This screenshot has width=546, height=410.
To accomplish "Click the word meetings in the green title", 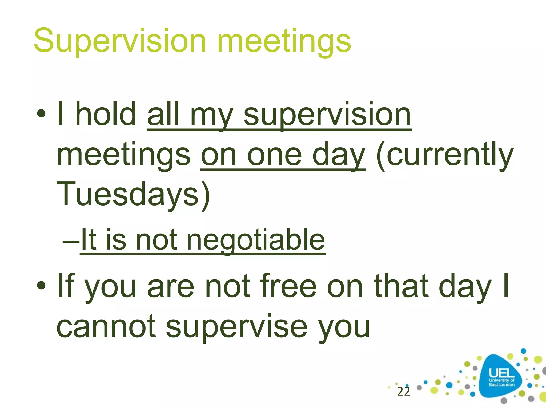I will pos(284,41).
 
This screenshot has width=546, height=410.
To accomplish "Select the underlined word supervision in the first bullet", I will pos(327,115).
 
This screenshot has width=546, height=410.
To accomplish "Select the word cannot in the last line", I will pos(106,326).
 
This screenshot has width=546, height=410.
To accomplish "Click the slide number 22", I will pos(403,392).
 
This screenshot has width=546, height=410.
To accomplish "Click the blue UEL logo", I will pos(501,377).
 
